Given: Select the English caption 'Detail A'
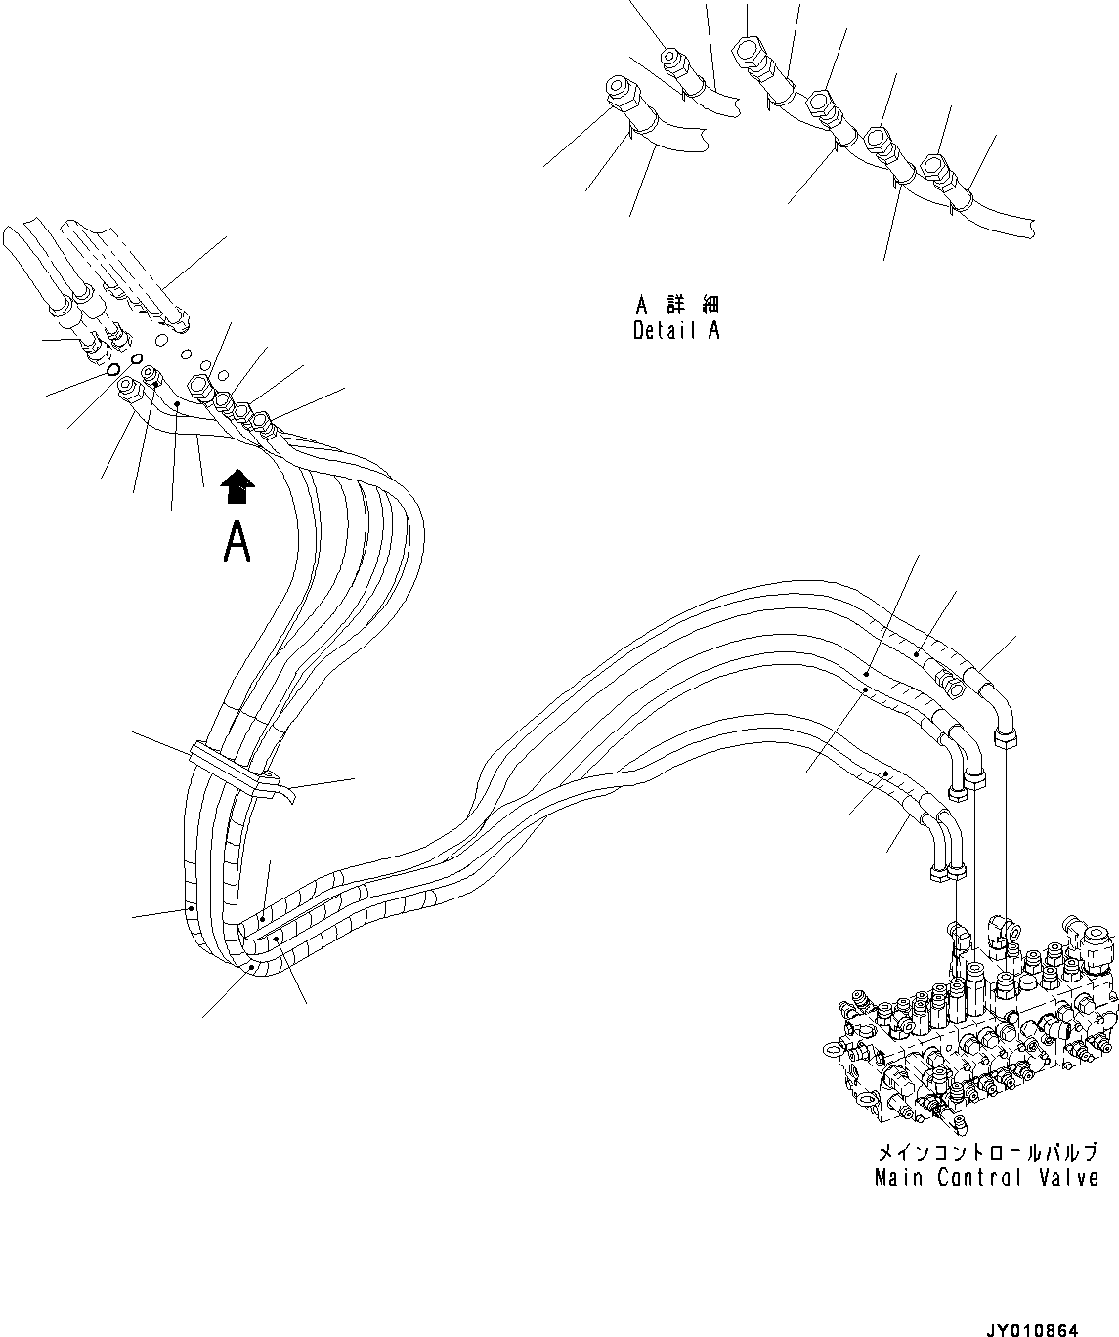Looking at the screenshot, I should (676, 330).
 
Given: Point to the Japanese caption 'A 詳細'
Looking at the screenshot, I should (676, 305).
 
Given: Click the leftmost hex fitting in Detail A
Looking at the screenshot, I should (619, 93).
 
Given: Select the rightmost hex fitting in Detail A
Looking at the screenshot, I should (935, 167).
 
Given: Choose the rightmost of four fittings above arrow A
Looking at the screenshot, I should (263, 421).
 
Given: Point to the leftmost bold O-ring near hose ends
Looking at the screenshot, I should (114, 371).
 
